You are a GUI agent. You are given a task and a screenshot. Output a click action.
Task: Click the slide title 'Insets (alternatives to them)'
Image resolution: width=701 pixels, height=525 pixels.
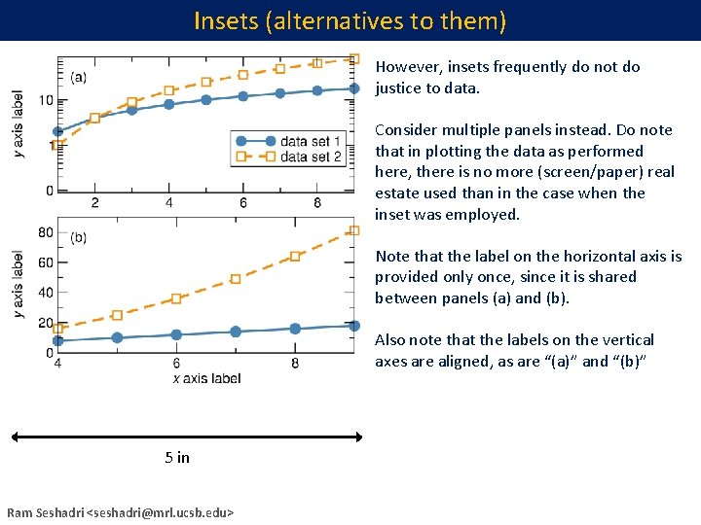pyautogui.click(x=350, y=20)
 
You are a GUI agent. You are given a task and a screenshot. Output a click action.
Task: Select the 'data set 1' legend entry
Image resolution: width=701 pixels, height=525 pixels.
pyautogui.click(x=310, y=141)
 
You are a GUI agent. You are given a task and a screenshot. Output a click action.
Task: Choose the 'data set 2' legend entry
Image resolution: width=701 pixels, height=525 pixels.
pyautogui.click(x=310, y=157)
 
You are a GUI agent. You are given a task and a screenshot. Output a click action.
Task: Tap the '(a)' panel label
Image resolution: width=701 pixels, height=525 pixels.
pyautogui.click(x=78, y=77)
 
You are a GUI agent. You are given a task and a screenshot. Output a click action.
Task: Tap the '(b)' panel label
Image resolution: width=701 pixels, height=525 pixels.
pyautogui.click(x=78, y=237)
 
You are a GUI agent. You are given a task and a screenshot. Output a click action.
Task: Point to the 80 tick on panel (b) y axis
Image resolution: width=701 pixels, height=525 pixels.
pyautogui.click(x=46, y=231)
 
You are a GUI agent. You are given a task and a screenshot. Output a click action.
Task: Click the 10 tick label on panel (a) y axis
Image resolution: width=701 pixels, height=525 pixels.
pyautogui.click(x=46, y=100)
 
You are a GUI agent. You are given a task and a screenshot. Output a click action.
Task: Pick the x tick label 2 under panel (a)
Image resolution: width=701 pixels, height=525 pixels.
pyautogui.click(x=94, y=203)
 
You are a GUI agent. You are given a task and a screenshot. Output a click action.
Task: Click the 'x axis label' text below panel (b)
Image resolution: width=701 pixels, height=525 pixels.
pyautogui.click(x=206, y=378)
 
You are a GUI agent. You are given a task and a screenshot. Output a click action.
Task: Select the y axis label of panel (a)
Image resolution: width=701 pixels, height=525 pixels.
pyautogui.click(x=18, y=124)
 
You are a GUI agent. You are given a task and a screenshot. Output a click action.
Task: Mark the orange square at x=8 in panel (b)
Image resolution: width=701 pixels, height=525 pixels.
pyautogui.click(x=295, y=257)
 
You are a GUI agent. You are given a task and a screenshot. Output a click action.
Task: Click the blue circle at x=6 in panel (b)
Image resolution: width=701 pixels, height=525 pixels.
pyautogui.click(x=176, y=334)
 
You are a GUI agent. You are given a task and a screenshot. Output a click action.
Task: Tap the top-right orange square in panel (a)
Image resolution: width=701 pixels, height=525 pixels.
pyautogui.click(x=353, y=58)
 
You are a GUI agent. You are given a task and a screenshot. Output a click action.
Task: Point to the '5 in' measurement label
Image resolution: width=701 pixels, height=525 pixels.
pyautogui.click(x=177, y=457)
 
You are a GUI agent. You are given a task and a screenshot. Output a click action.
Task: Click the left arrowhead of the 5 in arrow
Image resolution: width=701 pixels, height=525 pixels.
pyautogui.click(x=16, y=437)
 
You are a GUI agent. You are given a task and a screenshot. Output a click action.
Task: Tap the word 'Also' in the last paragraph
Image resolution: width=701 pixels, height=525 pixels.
pyautogui.click(x=391, y=340)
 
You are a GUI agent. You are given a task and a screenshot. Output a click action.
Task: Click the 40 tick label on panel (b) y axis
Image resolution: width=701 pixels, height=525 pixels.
pyautogui.click(x=46, y=293)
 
